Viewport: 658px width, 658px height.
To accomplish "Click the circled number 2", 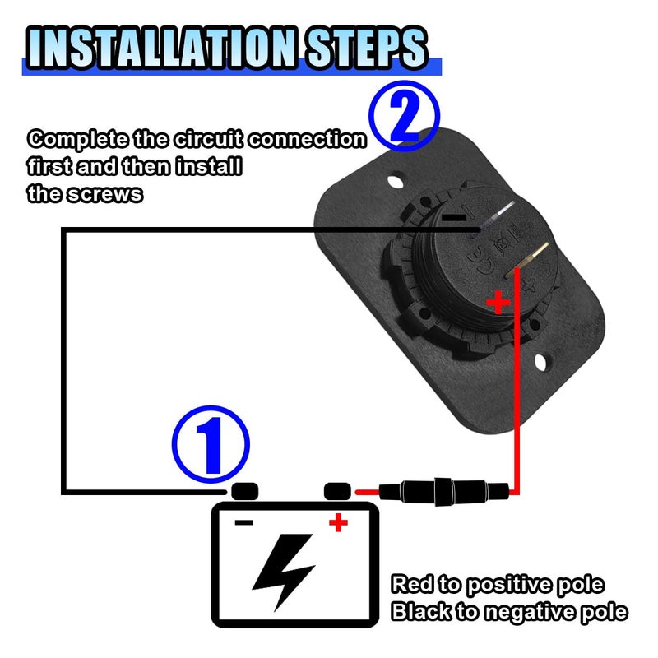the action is click(x=405, y=116).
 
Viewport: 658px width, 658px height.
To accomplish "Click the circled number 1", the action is click(x=211, y=444).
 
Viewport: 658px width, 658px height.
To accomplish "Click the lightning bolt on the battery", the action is click(x=284, y=572).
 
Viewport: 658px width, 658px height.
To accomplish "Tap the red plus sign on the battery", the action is click(x=338, y=522).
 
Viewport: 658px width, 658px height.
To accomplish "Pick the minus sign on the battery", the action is click(x=244, y=522).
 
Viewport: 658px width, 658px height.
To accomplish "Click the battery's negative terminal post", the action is click(x=245, y=491).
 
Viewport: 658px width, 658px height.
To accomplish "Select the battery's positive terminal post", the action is click(x=337, y=491).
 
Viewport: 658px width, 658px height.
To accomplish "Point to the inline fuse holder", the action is click(x=444, y=491).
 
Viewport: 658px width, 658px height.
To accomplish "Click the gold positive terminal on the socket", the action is click(x=526, y=260).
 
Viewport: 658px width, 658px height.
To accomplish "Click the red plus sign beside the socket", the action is click(x=498, y=302).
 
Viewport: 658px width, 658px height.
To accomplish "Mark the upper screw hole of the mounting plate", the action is click(x=395, y=182).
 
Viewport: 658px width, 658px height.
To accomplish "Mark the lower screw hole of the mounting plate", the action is click(x=540, y=362).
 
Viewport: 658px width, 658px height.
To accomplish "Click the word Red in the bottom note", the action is click(x=412, y=584).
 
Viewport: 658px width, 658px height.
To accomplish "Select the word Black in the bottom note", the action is click(x=421, y=611).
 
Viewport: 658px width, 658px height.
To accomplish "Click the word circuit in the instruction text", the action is click(x=209, y=139).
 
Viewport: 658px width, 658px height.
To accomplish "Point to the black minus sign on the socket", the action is click(x=454, y=217).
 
